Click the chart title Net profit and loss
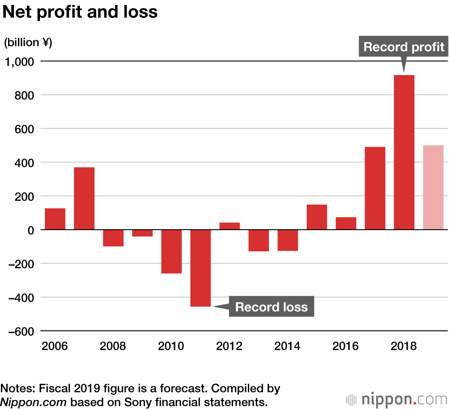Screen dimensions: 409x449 (80, 12)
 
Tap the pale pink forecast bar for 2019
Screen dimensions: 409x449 (433, 187)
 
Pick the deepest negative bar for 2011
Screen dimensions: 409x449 (201, 268)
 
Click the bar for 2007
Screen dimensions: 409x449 (84, 198)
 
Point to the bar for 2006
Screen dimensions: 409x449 (55, 219)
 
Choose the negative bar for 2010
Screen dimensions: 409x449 (172, 252)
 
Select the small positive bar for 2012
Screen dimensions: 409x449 (230, 226)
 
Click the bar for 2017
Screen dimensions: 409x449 (375, 188)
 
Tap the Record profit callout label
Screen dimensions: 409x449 (404, 47)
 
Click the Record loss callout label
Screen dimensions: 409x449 (271, 307)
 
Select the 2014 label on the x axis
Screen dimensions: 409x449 (288, 347)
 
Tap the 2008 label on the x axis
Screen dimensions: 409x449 (113, 347)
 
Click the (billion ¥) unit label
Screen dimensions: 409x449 (28, 43)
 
